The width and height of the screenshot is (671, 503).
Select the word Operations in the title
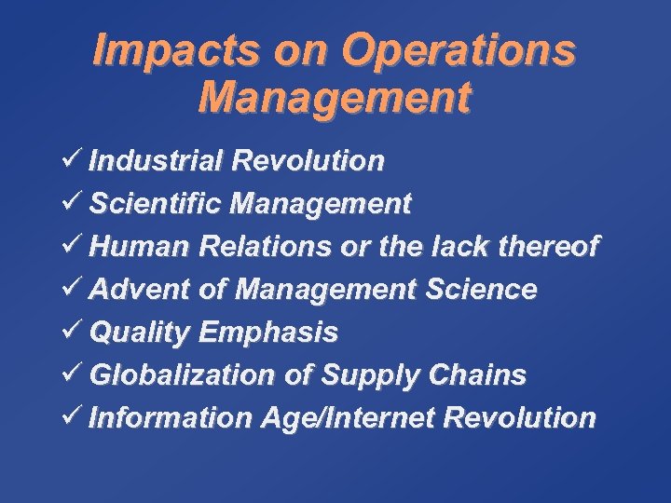[458, 52]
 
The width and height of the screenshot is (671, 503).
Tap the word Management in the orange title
[335, 98]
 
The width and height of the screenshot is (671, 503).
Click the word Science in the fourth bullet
[481, 289]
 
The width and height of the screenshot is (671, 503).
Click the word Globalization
[182, 374]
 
